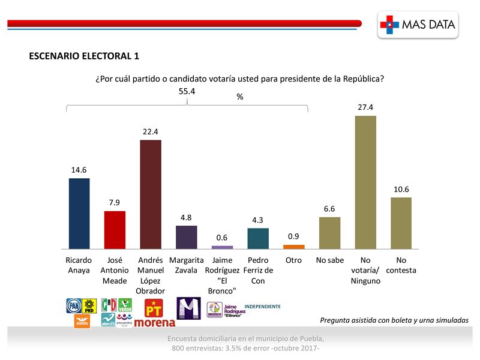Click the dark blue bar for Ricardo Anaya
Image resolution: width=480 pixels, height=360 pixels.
click(79, 213)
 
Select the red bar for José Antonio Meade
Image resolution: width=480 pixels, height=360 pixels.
click(115, 230)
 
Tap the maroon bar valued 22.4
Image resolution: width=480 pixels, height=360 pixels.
click(151, 194)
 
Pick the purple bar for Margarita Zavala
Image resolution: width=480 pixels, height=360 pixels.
click(186, 237)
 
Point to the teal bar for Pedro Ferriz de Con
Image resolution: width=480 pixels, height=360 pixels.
click(258, 238)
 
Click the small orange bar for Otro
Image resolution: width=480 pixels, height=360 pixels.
click(293, 246)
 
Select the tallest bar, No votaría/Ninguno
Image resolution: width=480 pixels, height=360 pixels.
click(365, 182)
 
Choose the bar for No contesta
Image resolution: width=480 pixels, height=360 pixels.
click(401, 223)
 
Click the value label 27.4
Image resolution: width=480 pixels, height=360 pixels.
click(365, 107)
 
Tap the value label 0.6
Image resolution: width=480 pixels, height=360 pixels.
click(223, 238)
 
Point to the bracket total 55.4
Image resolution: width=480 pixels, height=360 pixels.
click(187, 91)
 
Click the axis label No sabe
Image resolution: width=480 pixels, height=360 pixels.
click(329, 260)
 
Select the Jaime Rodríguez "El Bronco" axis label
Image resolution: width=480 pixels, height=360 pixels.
click(223, 275)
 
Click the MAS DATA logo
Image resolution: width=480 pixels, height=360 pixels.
click(419, 25)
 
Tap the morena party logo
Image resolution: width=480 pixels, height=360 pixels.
click(155, 323)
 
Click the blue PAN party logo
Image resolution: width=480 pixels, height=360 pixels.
click(73, 305)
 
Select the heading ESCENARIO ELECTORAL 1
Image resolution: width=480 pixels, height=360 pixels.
click(84, 56)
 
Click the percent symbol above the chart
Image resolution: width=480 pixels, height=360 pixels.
click(240, 97)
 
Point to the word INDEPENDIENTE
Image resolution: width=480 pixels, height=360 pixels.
click(263, 307)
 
